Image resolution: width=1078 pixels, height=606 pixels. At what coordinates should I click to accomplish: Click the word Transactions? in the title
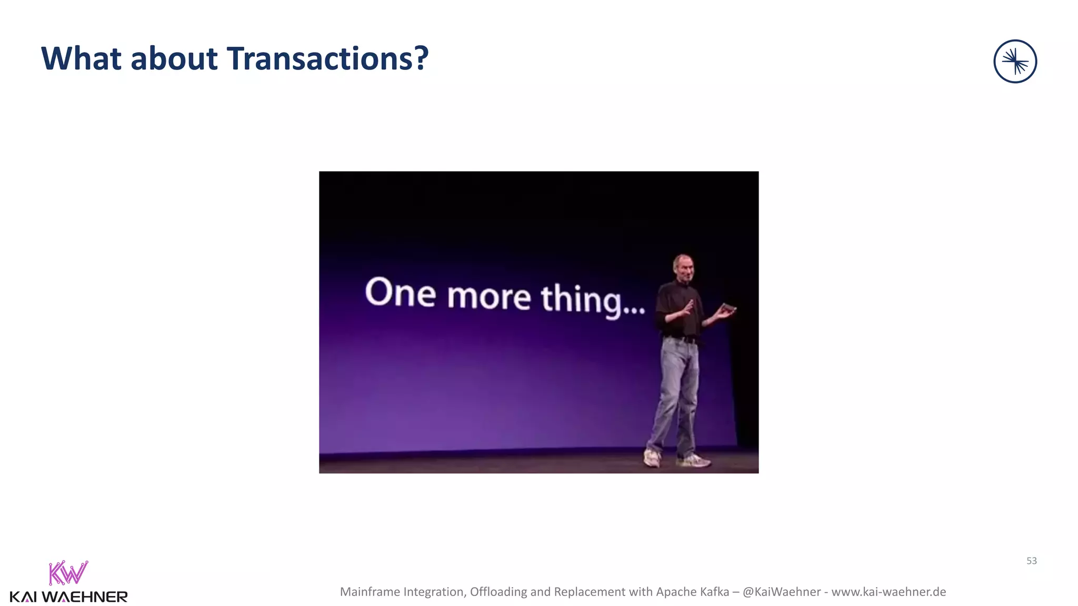328,58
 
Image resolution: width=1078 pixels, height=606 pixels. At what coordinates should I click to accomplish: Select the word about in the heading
174,58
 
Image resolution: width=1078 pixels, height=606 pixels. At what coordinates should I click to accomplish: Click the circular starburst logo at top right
1015,62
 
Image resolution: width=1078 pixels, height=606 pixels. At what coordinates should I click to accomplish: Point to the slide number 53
1031,561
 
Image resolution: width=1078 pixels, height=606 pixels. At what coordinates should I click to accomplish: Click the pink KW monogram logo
68,573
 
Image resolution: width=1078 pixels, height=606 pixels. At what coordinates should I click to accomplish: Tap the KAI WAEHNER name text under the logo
68,597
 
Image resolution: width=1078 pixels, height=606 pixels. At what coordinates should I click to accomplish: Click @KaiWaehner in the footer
781,592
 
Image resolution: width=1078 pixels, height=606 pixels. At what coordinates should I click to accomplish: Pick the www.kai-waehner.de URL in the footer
889,592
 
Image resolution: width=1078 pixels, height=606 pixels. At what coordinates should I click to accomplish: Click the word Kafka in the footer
714,592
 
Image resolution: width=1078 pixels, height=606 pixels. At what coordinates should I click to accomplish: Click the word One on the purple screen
401,292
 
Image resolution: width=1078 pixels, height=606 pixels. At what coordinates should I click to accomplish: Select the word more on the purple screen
489,297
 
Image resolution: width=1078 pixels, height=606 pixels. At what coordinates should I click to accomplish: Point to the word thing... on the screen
593,300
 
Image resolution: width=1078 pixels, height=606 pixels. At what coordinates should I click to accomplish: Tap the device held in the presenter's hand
728,307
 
